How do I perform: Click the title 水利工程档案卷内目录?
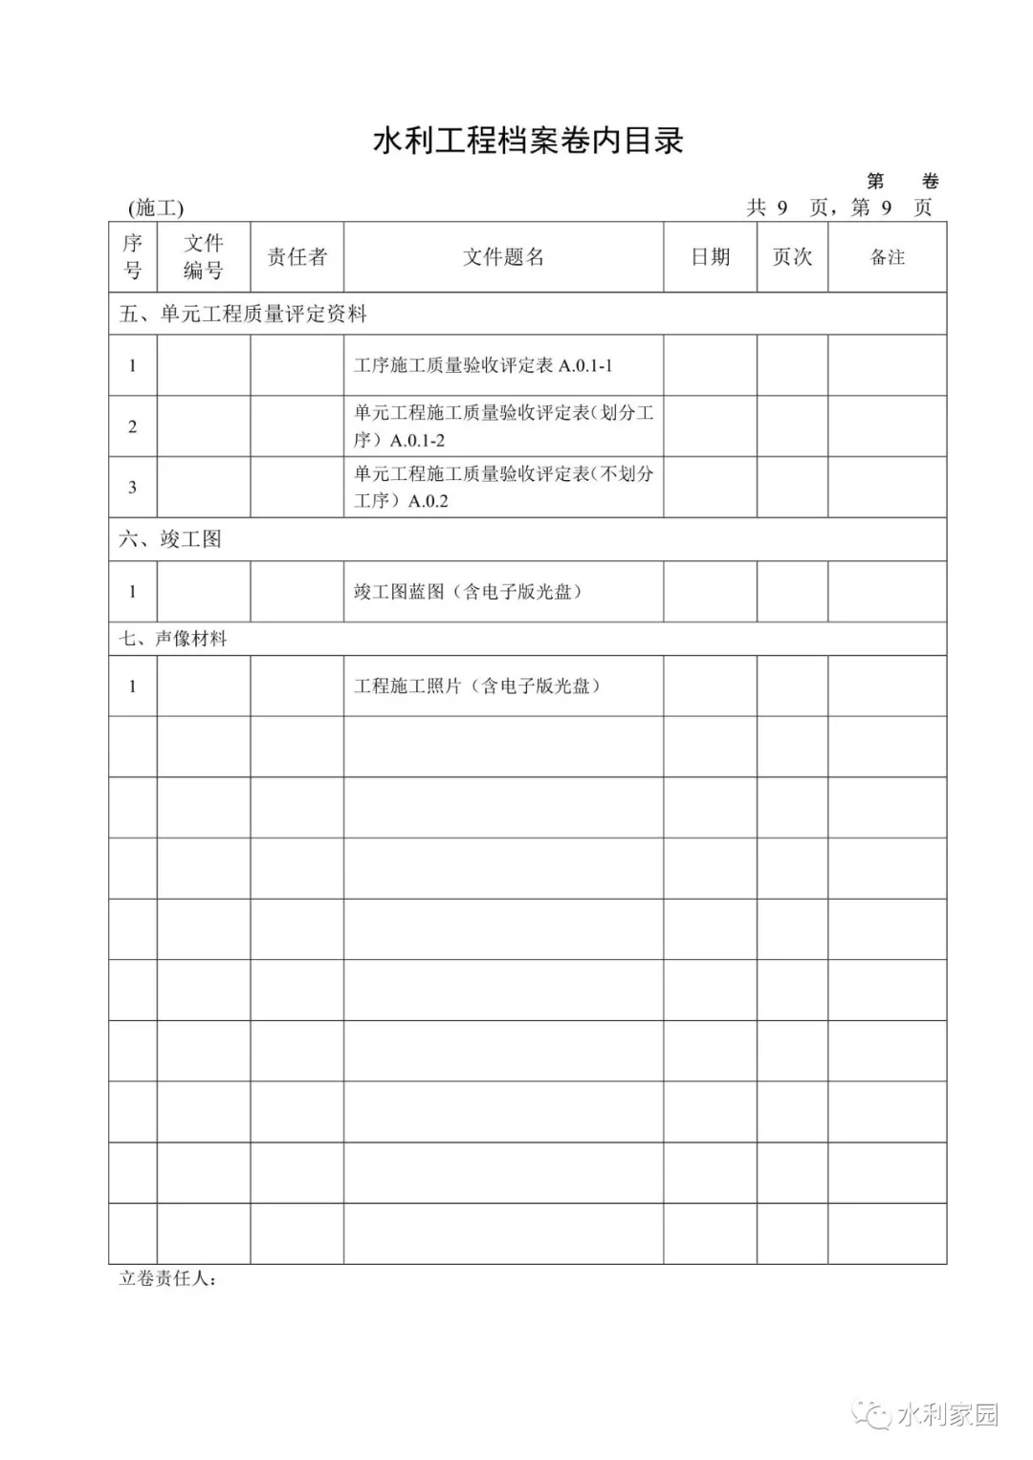528,142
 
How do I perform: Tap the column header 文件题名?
503,257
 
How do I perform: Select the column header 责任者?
297,257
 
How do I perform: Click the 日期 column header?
710,257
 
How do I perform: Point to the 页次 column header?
792,257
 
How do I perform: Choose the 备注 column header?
887,257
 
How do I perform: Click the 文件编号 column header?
203,257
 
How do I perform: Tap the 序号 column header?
132,257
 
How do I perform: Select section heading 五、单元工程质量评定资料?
243,315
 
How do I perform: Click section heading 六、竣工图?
170,539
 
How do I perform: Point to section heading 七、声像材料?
173,639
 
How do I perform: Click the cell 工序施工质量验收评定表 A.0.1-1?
483,365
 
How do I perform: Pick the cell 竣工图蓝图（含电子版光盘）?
468,592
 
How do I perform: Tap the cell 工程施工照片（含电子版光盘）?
477,686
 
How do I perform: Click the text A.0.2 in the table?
428,501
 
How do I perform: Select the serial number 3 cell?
132,488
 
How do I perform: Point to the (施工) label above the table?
155,208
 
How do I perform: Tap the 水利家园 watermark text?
947,1414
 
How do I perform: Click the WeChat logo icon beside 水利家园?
872,1414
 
